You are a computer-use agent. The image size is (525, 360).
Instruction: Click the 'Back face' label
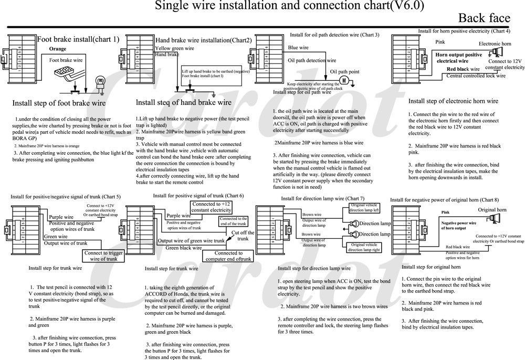pyautogui.click(x=484, y=19)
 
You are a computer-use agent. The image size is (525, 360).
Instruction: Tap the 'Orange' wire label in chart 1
pyautogui.click(x=57, y=49)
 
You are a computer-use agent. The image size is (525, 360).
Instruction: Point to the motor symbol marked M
pyautogui.click(x=344, y=80)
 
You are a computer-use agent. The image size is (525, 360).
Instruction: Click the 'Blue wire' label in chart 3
pyautogui.click(x=298, y=48)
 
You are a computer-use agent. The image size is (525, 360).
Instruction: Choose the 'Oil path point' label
pyautogui.click(x=344, y=71)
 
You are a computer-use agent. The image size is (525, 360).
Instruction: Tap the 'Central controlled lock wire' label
pyautogui.click(x=476, y=76)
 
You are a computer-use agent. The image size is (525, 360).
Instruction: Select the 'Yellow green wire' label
pyautogui.click(x=175, y=48)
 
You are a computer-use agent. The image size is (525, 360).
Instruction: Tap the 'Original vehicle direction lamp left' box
pyautogui.click(x=365, y=207)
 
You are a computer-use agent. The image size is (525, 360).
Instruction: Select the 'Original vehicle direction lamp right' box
pyautogui.click(x=365, y=247)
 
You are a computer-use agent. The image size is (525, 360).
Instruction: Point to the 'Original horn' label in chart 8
pyautogui.click(x=491, y=210)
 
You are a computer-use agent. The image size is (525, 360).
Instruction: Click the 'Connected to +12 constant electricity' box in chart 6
pyautogui.click(x=211, y=207)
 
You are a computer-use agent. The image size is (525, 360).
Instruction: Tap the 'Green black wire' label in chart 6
pyautogui.click(x=184, y=248)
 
